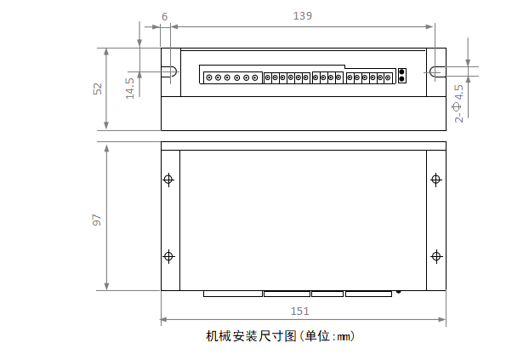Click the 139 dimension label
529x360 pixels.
pos(303,15)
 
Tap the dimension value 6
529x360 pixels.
pos(164,15)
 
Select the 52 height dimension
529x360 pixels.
pos(98,88)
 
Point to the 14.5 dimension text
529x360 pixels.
pos(129,88)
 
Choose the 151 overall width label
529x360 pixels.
pos(300,311)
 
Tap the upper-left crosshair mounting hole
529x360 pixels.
pos(168,180)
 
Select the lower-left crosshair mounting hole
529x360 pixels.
pos(168,256)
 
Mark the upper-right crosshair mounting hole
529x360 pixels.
pos(436,180)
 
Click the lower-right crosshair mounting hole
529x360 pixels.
pos(436,256)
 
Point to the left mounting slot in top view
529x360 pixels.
pos(169,72)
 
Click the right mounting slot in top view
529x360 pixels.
pos(436,72)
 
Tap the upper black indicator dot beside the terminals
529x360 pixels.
pos(401,73)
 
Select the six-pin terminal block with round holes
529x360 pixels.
pos(231,78)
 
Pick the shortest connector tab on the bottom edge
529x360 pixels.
pos(327,294)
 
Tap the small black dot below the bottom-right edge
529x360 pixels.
pos(398,292)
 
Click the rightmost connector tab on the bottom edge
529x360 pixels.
pos(368,294)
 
